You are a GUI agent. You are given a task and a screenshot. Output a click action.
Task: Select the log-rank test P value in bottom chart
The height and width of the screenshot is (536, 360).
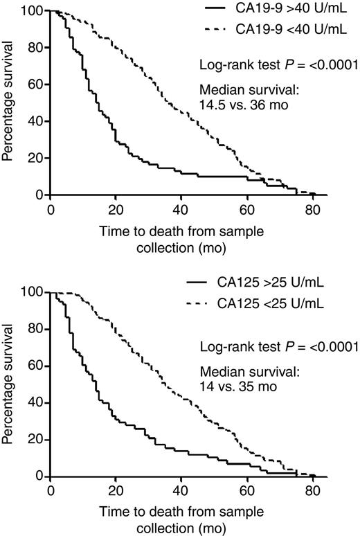pos(278,348)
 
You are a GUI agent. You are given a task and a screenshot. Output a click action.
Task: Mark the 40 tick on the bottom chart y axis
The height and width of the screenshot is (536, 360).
pos(37,402)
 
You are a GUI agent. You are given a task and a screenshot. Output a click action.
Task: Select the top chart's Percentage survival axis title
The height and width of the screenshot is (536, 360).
pos(9,102)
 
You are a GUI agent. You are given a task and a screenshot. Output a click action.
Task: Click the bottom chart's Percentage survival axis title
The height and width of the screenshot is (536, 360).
pos(9,384)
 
